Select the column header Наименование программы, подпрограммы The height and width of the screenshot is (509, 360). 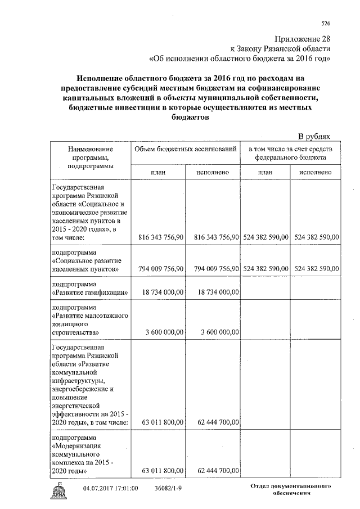(90, 157)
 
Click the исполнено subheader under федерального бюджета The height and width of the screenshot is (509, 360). (315, 172)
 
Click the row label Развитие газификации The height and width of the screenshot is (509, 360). (89, 292)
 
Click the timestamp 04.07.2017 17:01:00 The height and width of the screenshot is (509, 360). (110, 488)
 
